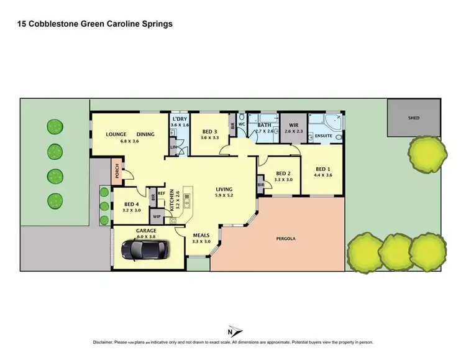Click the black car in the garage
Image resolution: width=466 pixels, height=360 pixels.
tap(144, 250)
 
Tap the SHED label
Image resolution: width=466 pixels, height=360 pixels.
tap(413, 117)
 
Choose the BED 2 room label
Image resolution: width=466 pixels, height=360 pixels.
tap(283, 173)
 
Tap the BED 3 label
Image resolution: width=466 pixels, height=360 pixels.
tap(210, 131)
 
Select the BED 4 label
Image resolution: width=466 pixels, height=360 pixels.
tap(131, 204)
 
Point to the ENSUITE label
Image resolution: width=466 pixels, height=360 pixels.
tap(323, 135)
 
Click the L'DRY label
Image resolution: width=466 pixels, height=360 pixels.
tap(180, 119)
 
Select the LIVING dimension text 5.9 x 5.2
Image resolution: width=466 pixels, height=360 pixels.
tap(224, 195)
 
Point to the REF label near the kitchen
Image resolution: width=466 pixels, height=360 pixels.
tap(161, 193)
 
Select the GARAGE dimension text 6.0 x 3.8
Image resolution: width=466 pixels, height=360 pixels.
tap(147, 236)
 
